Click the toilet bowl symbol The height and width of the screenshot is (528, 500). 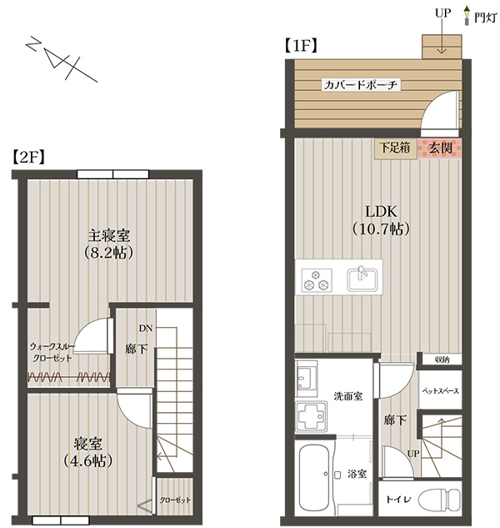point(439,499)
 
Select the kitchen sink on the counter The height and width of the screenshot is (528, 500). point(362,279)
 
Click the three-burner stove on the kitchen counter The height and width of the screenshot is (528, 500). point(317,279)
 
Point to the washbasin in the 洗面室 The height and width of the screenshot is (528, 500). point(307,378)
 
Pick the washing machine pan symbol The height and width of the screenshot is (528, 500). point(311,416)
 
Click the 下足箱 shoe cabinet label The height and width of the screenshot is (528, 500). point(395,148)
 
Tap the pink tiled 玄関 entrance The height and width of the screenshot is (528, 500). point(439,148)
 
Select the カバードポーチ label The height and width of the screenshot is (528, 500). point(360,84)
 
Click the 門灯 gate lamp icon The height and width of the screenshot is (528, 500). point(467,16)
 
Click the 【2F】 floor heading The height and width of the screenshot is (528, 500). point(28,157)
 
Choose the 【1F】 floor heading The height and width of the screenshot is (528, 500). point(301,45)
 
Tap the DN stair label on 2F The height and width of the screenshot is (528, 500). point(146,328)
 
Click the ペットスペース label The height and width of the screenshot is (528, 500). point(441,390)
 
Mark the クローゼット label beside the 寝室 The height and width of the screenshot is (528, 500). point(175,500)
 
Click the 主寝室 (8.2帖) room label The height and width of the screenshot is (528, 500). point(109,244)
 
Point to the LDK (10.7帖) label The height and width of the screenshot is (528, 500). point(381,220)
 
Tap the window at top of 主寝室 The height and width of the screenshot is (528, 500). point(112,174)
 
